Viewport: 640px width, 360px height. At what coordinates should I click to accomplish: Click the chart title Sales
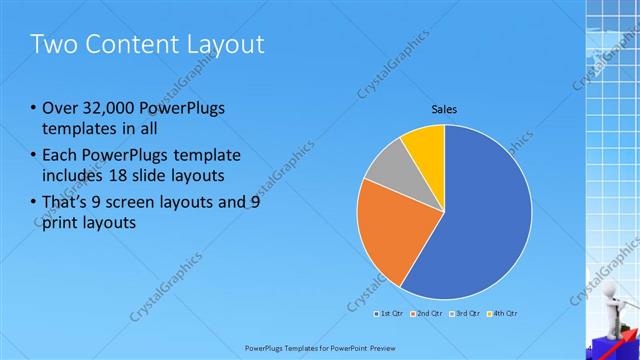point(445,109)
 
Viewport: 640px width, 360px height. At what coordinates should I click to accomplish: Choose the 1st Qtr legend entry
point(391,314)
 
